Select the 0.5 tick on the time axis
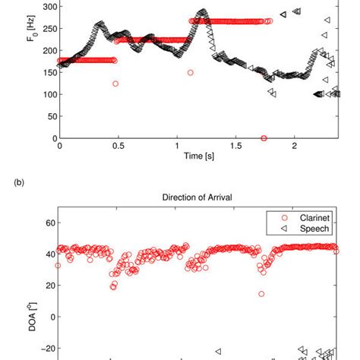pos(118,146)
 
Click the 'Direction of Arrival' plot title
pos(197,197)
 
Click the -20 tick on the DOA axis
pos(44,349)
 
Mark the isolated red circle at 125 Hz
pos(115,84)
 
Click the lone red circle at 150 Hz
pos(190,73)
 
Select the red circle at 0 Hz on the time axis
pos(264,138)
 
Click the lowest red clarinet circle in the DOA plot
pos(261,294)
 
